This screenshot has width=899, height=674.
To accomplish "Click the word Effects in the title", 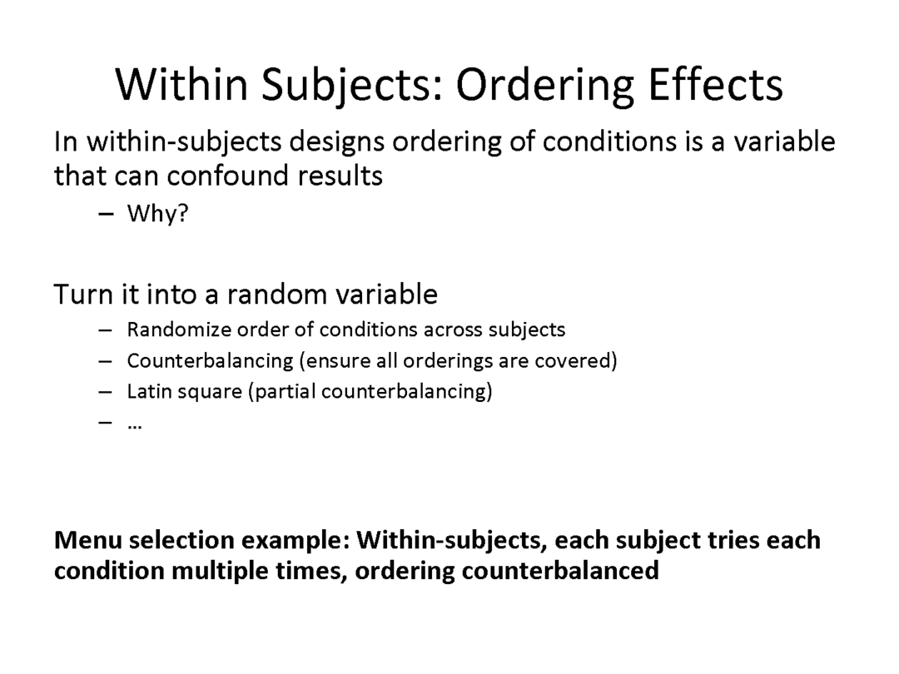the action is coord(715,85).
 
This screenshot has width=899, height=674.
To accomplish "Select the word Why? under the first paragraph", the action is coord(157,213).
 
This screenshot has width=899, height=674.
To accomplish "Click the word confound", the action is coord(227,176).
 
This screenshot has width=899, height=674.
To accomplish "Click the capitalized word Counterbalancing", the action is coord(210,361).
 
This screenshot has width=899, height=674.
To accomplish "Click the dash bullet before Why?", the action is coord(106,214).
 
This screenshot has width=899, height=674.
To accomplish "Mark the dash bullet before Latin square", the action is coord(106,392).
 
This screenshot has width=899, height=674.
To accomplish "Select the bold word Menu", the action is coord(88,540).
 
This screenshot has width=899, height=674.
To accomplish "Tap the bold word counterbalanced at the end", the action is coord(560,571).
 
